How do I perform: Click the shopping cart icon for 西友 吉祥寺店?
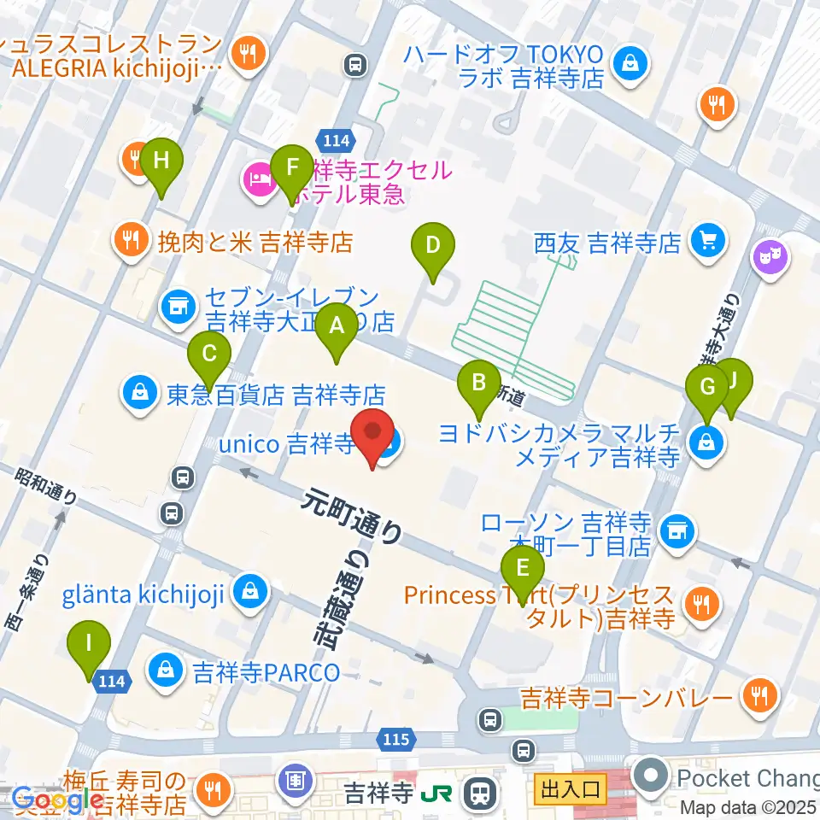tap(707, 242)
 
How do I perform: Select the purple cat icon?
tap(770, 259)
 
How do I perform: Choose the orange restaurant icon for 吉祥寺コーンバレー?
tap(757, 696)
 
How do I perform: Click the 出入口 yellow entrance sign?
tap(570, 784)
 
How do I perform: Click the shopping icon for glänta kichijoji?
tap(250, 592)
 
